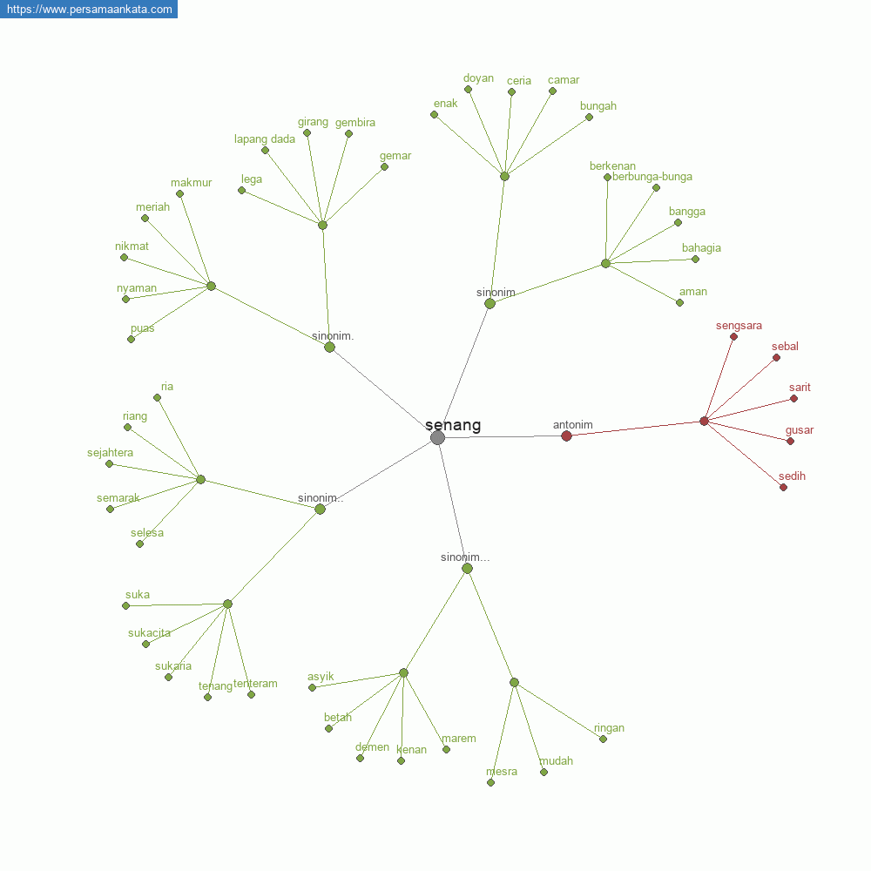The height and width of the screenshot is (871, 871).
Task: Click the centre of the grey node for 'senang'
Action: coord(438,438)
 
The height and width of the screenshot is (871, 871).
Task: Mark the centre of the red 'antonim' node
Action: coord(567,436)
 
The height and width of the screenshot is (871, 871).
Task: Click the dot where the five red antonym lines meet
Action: coord(705,421)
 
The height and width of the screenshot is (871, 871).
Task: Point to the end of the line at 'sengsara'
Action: coord(733,336)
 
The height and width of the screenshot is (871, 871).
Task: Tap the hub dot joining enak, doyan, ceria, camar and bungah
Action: coord(504,177)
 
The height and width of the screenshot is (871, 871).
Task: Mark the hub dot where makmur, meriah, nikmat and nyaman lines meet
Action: coord(211,286)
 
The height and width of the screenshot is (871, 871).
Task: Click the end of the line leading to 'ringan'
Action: coord(604,739)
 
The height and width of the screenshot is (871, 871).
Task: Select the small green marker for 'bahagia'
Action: coord(695,259)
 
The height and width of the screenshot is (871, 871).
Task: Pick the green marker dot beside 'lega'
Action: coord(241,191)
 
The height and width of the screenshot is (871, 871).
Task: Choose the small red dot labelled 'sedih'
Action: coord(783,488)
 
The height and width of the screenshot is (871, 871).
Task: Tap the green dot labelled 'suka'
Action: coord(126,606)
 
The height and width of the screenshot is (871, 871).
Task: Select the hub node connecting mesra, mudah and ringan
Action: coord(515,682)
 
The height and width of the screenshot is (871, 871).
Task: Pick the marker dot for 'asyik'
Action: coord(312,688)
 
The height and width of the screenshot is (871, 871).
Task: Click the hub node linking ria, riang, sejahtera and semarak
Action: coord(201,479)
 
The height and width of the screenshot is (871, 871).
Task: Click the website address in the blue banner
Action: coord(90,10)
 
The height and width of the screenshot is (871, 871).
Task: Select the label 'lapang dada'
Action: coord(265,138)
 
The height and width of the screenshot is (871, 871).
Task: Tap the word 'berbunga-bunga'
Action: coord(652,177)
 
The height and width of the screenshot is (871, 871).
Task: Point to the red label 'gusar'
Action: coord(800,430)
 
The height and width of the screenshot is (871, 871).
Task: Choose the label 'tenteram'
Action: coord(255,683)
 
